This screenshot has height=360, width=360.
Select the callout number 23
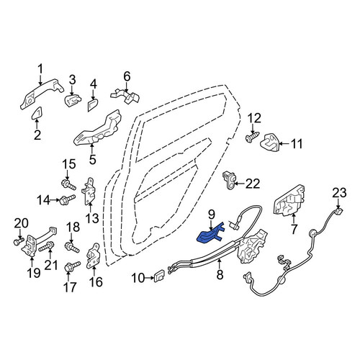point(339,193)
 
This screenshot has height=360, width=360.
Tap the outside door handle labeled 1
point(41,93)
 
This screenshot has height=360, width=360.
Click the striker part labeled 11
point(269,143)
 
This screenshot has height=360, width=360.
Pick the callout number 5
point(92,160)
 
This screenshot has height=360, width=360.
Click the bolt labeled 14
point(68,200)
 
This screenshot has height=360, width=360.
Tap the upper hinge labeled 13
point(89,192)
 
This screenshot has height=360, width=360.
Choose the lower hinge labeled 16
point(93,256)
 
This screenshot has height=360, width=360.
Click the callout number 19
point(34,273)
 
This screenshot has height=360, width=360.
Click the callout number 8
point(220,274)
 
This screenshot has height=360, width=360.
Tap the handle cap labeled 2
point(37,113)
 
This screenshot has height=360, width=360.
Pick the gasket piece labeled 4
point(92,104)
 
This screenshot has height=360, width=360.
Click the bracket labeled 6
point(125,96)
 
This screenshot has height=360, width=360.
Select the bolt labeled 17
point(72,266)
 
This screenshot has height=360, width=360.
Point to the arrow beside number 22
point(240,184)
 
